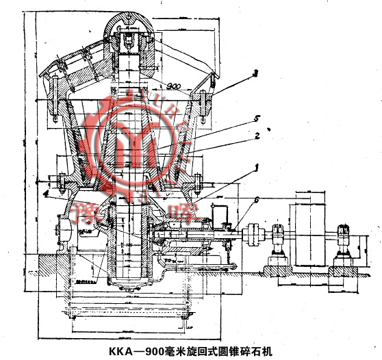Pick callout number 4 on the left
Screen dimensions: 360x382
(46, 194)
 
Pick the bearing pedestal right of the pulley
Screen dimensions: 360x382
(342, 243)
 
